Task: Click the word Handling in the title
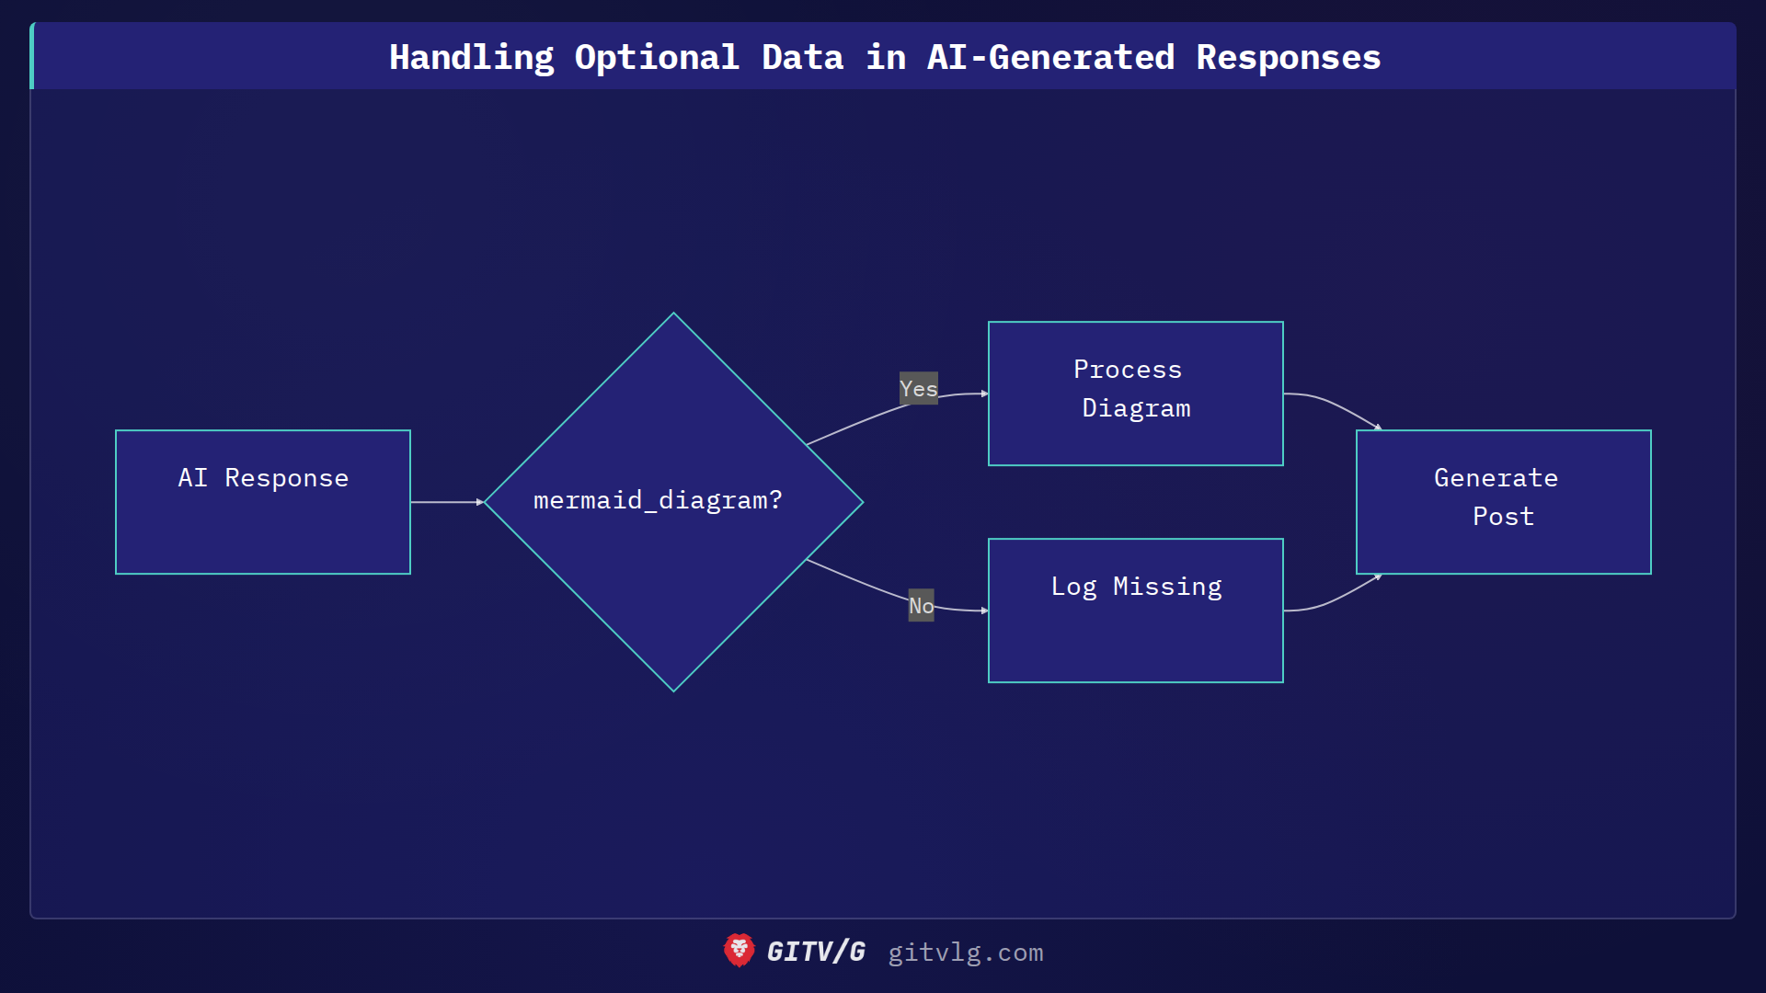tap(471, 57)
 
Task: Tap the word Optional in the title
tap(657, 57)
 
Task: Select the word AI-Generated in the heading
tap(1050, 57)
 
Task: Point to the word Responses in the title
tap(1288, 57)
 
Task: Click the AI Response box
tap(263, 502)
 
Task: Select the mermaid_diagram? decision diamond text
tap(658, 500)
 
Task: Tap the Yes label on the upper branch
tap(918, 389)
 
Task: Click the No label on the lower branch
tap(921, 605)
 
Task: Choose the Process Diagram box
tap(1135, 394)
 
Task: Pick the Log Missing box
tap(1135, 611)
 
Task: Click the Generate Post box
tap(1503, 502)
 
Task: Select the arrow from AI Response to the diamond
tap(446, 502)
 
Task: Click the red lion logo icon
tap(739, 951)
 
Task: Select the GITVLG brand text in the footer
tap(816, 952)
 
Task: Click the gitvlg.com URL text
tap(965, 953)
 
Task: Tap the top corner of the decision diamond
tap(673, 314)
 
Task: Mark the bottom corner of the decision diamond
tap(673, 690)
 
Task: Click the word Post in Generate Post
tap(1503, 517)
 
